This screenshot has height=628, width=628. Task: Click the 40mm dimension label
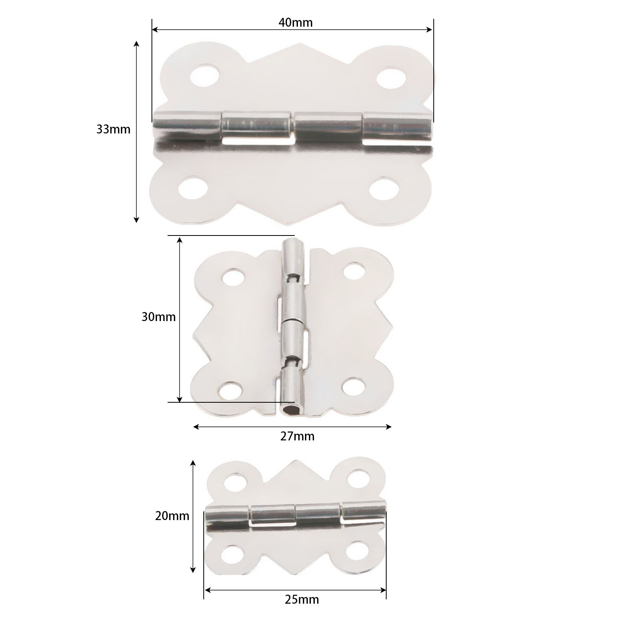pyautogui.click(x=296, y=23)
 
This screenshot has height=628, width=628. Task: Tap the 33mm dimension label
pyautogui.click(x=113, y=129)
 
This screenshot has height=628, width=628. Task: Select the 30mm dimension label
pyautogui.click(x=159, y=317)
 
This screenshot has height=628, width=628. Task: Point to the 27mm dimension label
pyautogui.click(x=297, y=436)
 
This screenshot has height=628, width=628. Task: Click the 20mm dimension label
pyautogui.click(x=172, y=515)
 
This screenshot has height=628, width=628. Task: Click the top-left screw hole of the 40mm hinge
pyautogui.click(x=205, y=75)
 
